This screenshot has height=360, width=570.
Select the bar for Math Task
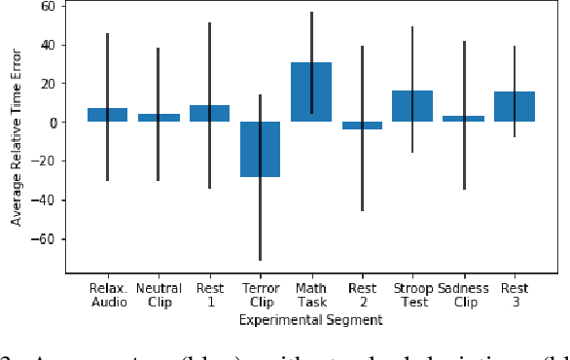[x=311, y=92]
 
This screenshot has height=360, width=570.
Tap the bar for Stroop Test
[x=412, y=106]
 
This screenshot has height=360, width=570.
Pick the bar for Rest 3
[x=515, y=107]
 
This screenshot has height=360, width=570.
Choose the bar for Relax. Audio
[x=107, y=115]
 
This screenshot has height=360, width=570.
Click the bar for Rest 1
[x=209, y=114]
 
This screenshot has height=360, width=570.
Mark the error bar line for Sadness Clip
[x=464, y=78]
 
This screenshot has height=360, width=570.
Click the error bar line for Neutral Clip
[x=159, y=78]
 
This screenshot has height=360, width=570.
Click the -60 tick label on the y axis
[x=45, y=239]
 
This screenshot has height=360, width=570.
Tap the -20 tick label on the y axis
[x=45, y=162]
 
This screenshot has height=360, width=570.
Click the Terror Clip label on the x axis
[x=260, y=295]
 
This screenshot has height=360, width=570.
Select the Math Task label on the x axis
[x=311, y=295]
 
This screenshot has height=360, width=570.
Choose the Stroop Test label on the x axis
[x=412, y=295]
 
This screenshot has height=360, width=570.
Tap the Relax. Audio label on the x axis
[x=107, y=295]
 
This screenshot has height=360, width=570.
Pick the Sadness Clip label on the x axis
[x=464, y=295]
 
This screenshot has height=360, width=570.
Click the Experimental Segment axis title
[x=311, y=319]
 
